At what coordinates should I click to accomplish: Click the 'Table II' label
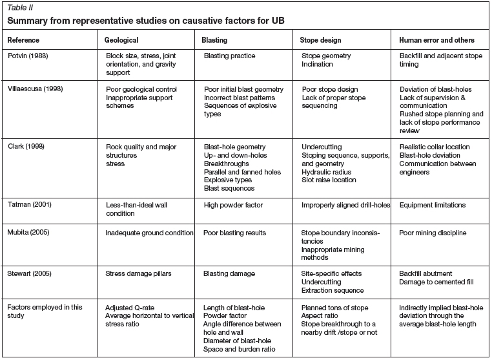[x=19, y=7]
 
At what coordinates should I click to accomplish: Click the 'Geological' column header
[x=121, y=39]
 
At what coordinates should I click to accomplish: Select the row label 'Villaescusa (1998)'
[x=36, y=89]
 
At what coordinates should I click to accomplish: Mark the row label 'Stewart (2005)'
[x=30, y=274]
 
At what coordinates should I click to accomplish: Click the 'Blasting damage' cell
[x=230, y=274]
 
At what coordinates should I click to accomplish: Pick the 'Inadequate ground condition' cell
[x=149, y=232]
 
